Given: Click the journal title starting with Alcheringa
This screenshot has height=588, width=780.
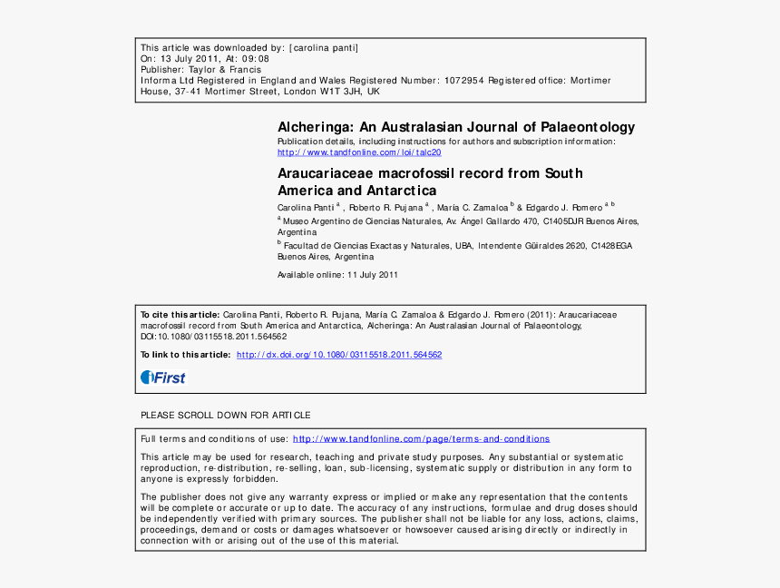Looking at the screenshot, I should click(x=455, y=128).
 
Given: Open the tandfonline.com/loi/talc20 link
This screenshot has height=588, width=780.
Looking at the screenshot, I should click(x=359, y=152).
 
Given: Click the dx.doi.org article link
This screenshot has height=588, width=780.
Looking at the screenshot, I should click(x=339, y=355).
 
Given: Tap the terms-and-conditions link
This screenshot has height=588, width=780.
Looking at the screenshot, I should click(x=421, y=439).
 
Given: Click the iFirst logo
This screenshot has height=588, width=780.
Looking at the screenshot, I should click(x=162, y=377).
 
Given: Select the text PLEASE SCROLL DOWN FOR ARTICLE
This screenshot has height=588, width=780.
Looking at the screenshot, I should click(x=226, y=416).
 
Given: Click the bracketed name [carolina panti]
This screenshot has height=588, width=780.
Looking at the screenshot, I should click(x=324, y=47).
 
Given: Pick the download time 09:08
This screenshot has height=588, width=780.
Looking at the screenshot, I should click(x=256, y=58).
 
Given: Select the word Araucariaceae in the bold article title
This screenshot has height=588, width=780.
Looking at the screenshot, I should click(x=326, y=173).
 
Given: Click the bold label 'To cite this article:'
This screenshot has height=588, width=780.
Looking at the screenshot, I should click(x=180, y=314).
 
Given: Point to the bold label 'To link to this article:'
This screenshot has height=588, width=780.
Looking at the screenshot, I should click(x=186, y=355).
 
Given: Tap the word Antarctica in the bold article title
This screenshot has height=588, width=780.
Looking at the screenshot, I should click(x=401, y=191).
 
